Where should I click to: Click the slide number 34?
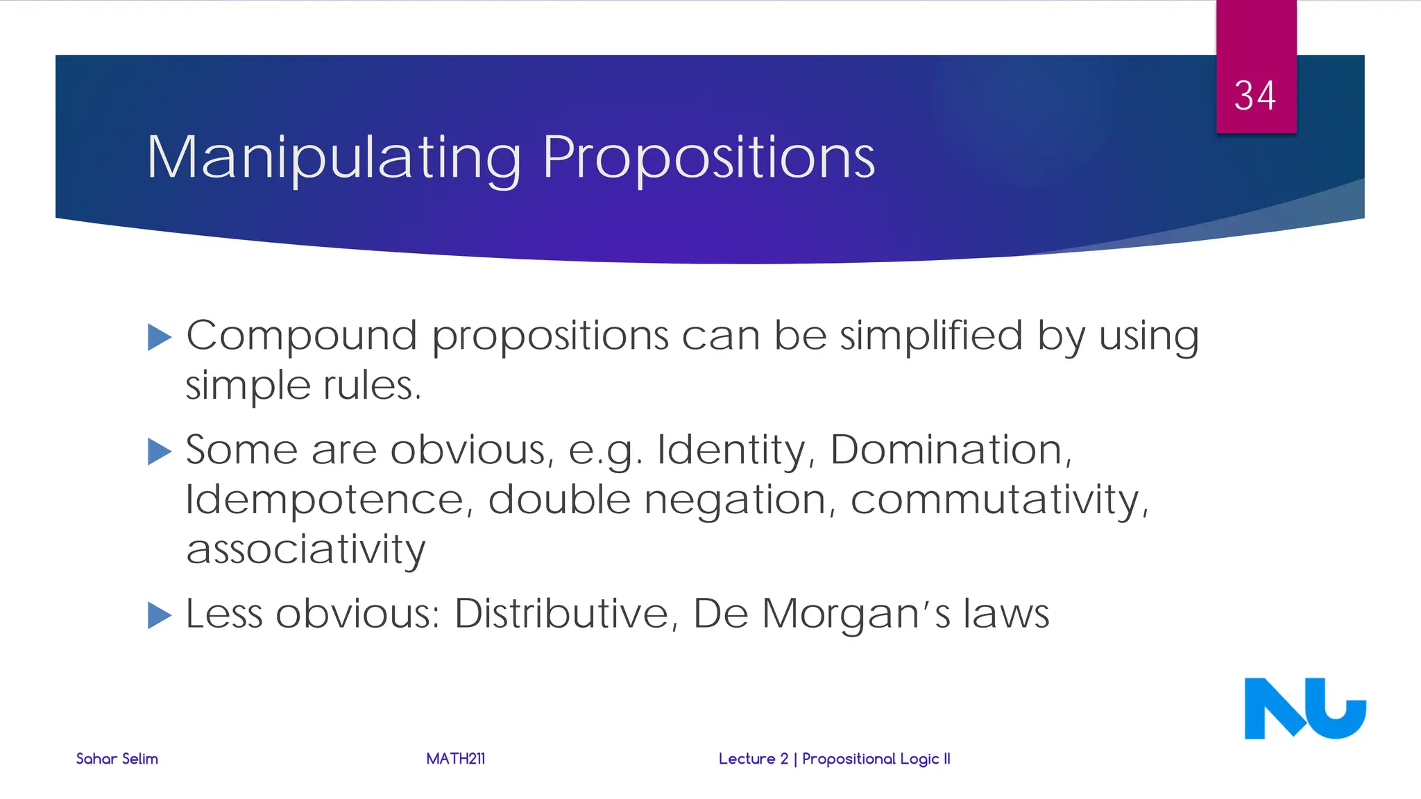coord(1254,96)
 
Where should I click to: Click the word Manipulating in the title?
coord(333,158)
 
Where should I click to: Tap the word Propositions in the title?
coord(708,158)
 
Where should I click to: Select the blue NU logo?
coord(1304,708)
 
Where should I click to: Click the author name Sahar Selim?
coord(117,759)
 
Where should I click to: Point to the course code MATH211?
coord(455,759)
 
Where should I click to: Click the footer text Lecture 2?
coord(753,759)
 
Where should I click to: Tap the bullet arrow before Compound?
coord(160,338)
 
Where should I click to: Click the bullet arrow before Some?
coord(160,452)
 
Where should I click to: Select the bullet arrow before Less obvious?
coord(160,615)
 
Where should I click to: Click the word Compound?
coord(301,336)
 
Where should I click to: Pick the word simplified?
coord(931,336)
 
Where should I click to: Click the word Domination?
coord(951,450)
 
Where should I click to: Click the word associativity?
coord(305,550)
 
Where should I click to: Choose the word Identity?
coord(735,450)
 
